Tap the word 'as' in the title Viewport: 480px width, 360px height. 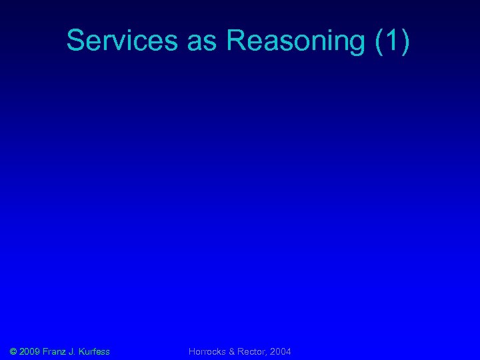[203, 41]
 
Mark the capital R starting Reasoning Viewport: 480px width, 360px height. [236, 41]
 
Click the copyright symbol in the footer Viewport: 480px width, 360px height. [14, 351]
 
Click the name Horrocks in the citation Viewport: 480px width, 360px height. [208, 351]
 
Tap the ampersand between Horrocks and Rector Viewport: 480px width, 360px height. [233, 351]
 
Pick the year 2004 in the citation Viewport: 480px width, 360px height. [281, 351]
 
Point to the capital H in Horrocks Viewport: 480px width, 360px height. [192, 351]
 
